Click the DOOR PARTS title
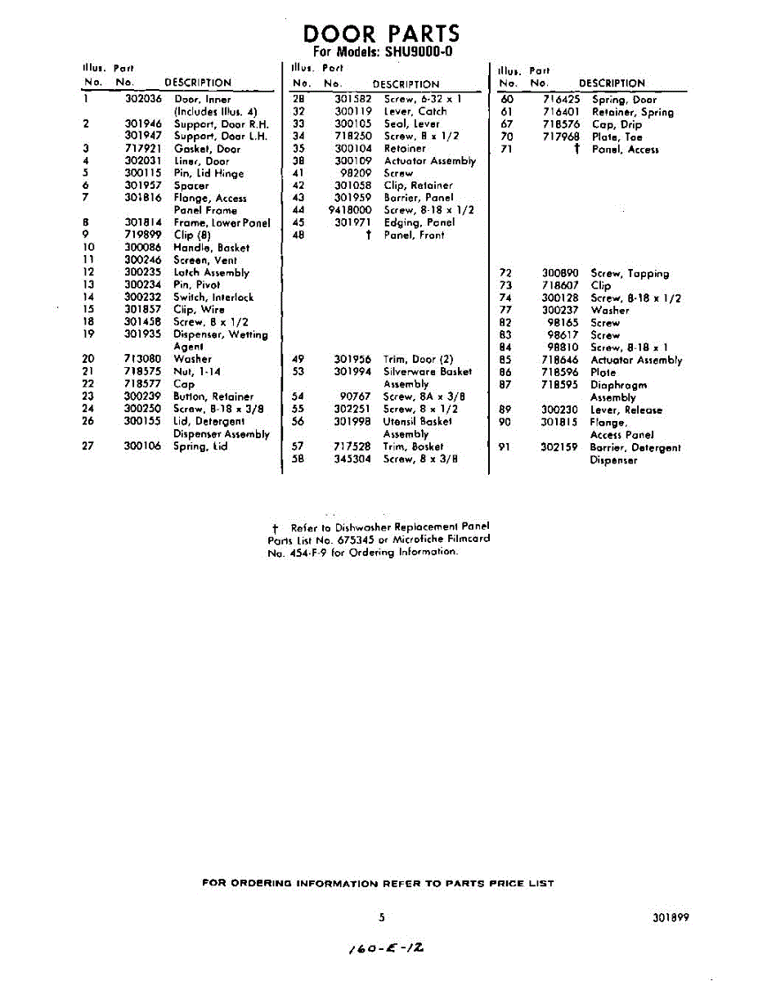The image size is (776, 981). click(381, 34)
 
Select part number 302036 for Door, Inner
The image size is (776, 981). click(142, 99)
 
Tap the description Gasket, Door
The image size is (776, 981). click(207, 149)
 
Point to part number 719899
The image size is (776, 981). click(142, 235)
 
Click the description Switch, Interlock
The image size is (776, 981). click(213, 298)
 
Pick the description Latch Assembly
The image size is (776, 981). click(211, 272)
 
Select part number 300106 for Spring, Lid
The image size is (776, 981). click(142, 446)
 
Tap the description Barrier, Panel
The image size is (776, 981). click(418, 198)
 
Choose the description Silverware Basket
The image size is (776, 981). click(428, 371)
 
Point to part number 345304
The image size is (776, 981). click(352, 459)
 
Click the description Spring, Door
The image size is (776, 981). click(624, 100)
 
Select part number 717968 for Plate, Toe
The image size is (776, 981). click(561, 137)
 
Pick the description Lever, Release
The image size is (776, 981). click(626, 410)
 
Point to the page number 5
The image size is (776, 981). click(381, 917)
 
